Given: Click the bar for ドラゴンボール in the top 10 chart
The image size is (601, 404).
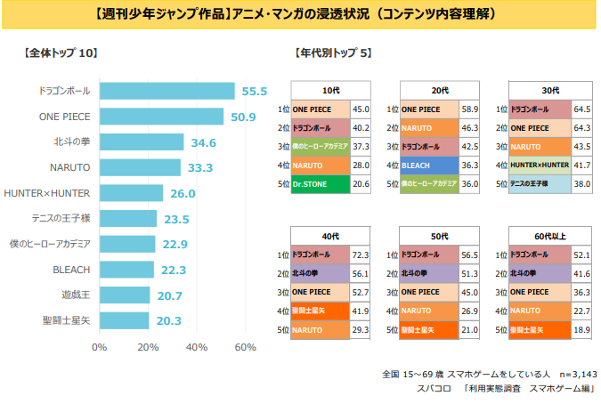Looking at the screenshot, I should pos(166,91).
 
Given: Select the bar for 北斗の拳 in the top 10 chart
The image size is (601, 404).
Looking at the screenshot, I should pos(142,142).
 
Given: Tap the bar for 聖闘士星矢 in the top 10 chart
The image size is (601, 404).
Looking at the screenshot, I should pos(124,320).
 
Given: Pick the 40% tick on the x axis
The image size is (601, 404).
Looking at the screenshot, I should pos(197,347).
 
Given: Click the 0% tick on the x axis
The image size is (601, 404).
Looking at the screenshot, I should pos(100,347).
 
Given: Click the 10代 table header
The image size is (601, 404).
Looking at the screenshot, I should pos(330,90).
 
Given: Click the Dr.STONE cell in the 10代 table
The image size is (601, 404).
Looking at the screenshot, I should pos(320,184).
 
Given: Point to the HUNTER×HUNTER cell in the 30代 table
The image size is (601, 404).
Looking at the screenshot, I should pos(540,166).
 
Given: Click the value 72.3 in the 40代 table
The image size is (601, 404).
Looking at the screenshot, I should pos(361,255).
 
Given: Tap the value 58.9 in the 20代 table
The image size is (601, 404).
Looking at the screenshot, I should pos(470,109).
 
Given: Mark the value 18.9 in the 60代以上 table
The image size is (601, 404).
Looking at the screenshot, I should pos(580,329).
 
